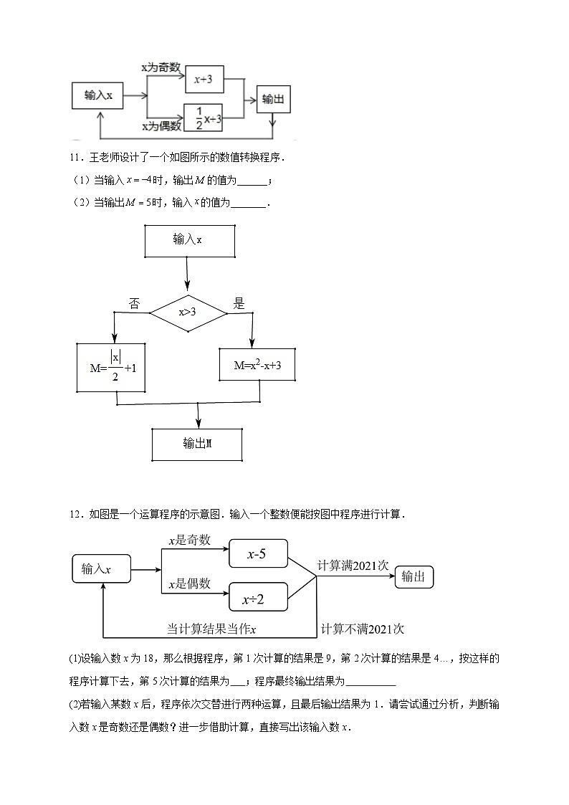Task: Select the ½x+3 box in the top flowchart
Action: click(204, 118)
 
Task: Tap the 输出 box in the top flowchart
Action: click(273, 99)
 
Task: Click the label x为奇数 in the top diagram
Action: click(165, 67)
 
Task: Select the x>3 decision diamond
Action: click(188, 313)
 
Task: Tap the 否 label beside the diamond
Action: click(134, 303)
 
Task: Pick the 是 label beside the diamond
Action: click(239, 303)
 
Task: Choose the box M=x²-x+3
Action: click(258, 365)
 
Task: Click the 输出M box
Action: click(197, 444)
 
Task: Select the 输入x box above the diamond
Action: click(189, 240)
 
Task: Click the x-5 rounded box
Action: click(257, 554)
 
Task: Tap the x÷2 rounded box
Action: click(257, 599)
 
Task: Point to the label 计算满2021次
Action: click(353, 566)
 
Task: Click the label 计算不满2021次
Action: click(363, 629)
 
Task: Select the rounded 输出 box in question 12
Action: click(415, 576)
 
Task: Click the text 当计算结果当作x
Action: click(212, 629)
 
